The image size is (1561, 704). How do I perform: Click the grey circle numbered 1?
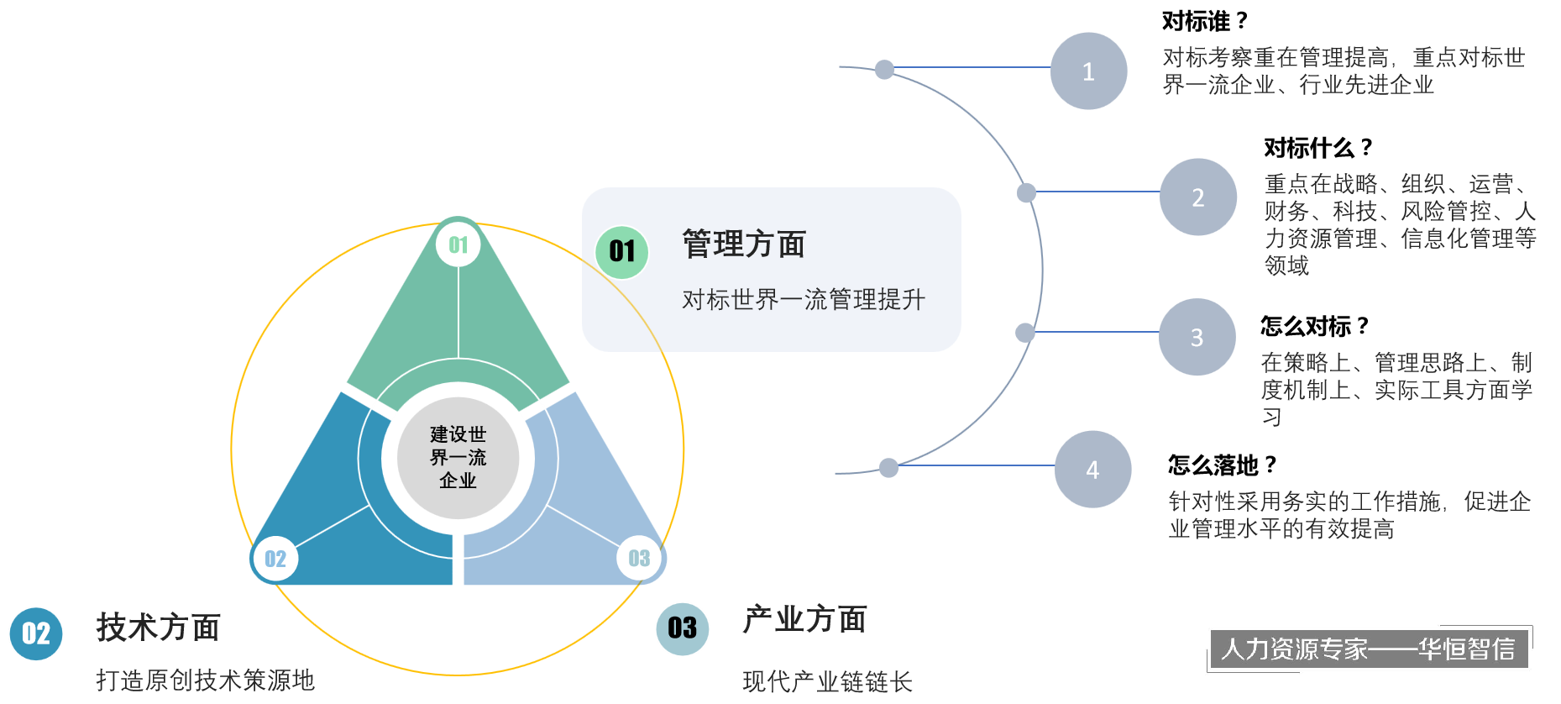click(x=1088, y=71)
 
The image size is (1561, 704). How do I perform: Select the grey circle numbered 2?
click(x=1197, y=197)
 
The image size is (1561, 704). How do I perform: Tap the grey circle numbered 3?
click(x=1197, y=337)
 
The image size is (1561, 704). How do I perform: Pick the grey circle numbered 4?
click(x=1092, y=470)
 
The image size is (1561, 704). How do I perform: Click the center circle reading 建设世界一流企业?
click(x=458, y=458)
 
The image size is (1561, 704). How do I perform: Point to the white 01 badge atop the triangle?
click(x=458, y=244)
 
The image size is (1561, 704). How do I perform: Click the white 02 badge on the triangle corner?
click(x=275, y=559)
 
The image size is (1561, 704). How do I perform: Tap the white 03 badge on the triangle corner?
click(x=639, y=558)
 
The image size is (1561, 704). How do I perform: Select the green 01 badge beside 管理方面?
click(x=622, y=251)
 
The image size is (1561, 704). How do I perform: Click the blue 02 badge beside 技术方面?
click(x=36, y=633)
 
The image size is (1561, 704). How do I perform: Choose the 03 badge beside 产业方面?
click(x=682, y=628)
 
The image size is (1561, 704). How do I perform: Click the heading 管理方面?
click(x=744, y=244)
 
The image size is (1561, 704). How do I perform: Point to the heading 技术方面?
click(x=159, y=628)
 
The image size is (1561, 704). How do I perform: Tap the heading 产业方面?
click(x=804, y=620)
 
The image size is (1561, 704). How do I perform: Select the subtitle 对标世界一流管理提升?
click(x=803, y=300)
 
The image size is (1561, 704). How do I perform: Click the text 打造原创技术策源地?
click(x=205, y=680)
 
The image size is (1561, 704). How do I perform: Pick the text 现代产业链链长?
click(x=827, y=681)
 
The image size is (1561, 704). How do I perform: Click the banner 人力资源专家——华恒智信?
click(x=1367, y=649)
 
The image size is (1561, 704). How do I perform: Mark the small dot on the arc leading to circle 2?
click(x=1026, y=193)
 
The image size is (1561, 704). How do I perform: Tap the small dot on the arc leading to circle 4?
click(x=888, y=467)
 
